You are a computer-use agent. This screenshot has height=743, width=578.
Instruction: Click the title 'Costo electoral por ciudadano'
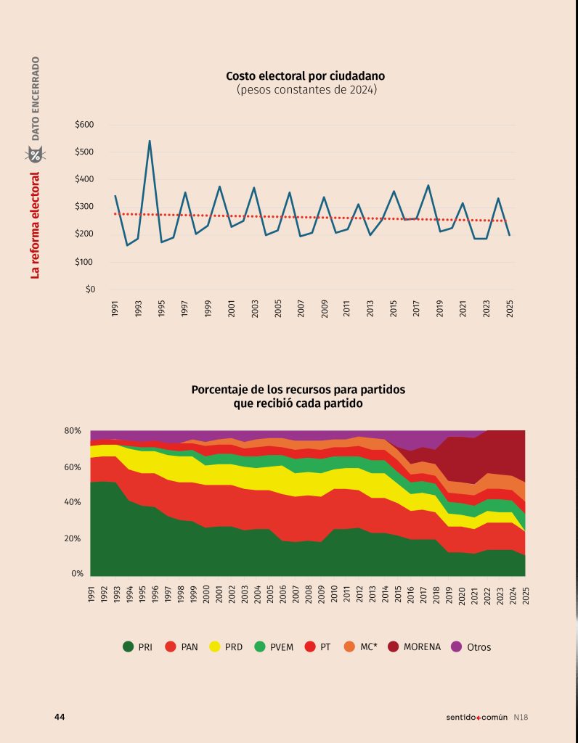305,75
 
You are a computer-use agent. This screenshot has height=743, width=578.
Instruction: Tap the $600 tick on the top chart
85,125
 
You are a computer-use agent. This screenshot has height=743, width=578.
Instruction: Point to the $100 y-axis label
85,262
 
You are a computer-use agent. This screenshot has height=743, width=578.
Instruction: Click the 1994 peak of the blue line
150,141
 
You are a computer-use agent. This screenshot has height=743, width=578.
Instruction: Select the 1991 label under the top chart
115,309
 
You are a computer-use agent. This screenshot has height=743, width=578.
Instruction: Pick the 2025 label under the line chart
510,309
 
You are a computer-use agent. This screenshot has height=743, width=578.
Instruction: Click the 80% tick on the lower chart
73,431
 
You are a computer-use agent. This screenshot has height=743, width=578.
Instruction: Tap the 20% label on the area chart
73,538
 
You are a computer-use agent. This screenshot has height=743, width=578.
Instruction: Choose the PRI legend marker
128,646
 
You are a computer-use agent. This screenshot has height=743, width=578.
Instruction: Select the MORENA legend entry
413,646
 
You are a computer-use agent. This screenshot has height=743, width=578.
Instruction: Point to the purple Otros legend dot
457,646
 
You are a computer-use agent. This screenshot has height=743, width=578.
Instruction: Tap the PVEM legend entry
272,646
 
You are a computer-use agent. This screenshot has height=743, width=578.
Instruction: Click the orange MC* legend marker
349,646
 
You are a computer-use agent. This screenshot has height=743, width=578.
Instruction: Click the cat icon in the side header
35,155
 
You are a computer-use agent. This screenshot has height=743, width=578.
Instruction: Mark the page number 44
60,717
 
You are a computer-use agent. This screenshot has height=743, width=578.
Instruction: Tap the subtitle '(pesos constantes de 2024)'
306,89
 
